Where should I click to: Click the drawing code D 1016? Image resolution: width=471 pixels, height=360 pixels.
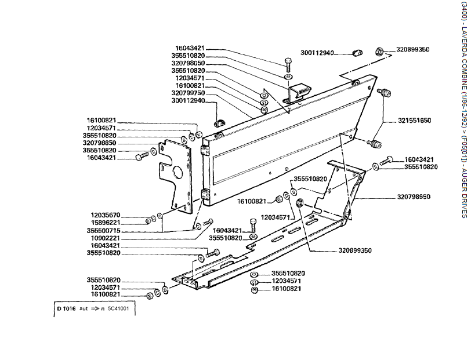(66, 309)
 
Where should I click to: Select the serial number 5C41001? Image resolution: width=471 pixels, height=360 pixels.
(118, 309)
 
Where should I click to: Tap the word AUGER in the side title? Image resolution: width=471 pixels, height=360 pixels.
(464, 180)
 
